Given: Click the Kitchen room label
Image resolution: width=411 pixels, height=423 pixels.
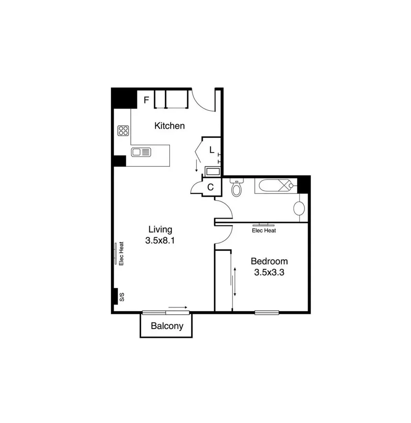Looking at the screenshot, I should point(169,126).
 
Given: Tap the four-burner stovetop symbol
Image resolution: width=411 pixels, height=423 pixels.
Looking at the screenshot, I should point(123,130).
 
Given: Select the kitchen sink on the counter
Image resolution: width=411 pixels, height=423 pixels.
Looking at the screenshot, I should point(141,152).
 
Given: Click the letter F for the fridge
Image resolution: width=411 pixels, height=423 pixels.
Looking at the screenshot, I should point(146,100).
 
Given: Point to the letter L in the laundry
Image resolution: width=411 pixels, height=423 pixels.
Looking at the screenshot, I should point(211,150).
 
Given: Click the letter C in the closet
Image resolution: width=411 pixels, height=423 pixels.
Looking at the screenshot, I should point(211,187).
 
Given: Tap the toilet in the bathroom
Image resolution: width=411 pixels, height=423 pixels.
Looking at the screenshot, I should point(236,188).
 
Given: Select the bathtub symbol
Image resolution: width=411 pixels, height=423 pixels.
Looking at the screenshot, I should point(274,185).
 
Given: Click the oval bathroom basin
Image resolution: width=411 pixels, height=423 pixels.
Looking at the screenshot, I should point(300,208).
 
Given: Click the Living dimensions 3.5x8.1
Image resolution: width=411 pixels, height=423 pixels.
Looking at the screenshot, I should point(160,241).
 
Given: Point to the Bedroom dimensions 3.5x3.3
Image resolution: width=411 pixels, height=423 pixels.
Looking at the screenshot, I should point(269,273).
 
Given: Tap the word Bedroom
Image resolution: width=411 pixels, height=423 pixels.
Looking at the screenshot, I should point(269,261).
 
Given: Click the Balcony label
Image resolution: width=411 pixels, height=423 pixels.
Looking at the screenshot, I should point(167,326).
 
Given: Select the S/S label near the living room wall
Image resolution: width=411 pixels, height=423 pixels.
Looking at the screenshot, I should point(122,297).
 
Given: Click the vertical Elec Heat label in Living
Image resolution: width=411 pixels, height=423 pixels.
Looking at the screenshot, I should point(121,253).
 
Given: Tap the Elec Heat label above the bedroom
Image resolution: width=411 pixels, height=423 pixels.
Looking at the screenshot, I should point(264,230).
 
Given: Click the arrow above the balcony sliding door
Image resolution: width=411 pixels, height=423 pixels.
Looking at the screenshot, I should point(178,307).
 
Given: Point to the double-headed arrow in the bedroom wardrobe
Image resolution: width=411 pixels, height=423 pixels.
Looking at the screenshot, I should point(235,282).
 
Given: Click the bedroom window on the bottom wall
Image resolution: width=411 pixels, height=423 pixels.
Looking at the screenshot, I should point(267,312).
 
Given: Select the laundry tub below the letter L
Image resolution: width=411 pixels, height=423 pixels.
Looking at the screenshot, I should point(213,172).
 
